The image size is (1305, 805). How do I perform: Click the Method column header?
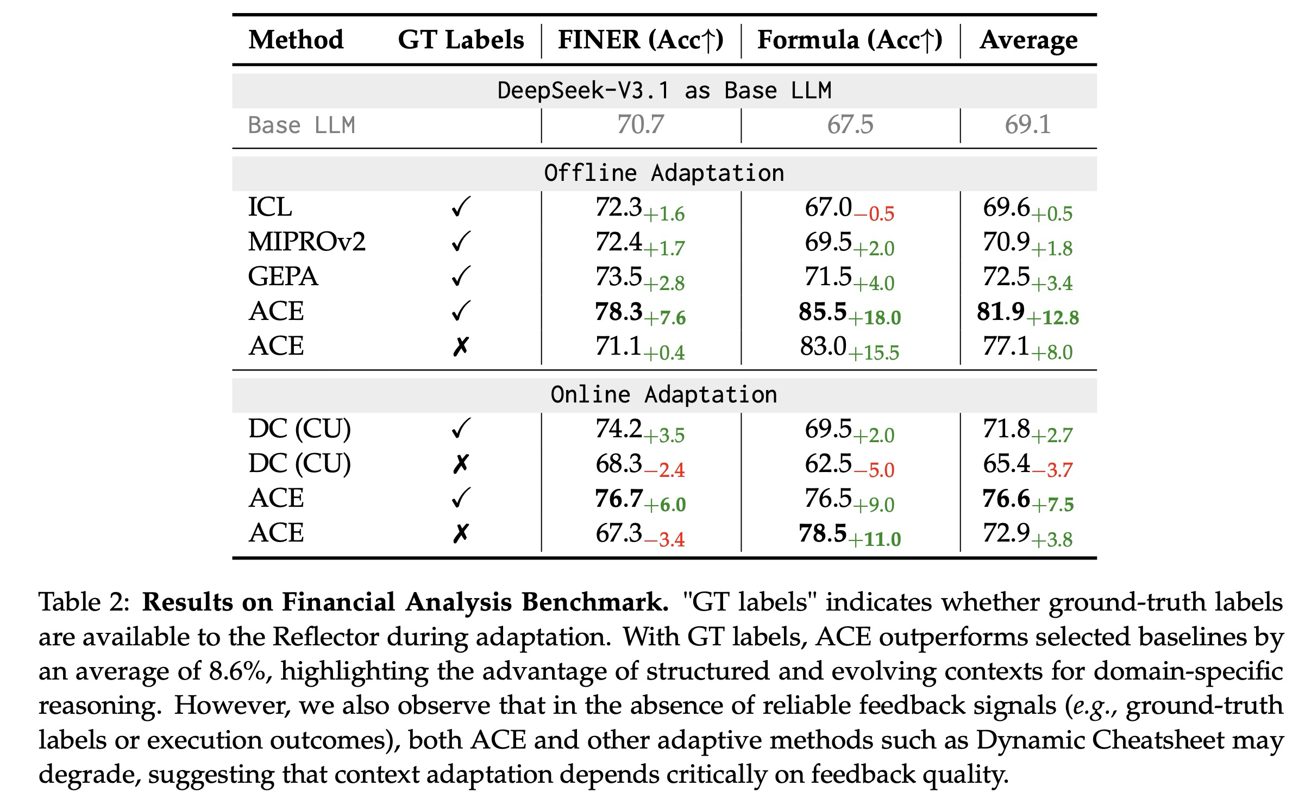pos(296,40)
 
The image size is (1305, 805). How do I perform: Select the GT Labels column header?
pos(461,40)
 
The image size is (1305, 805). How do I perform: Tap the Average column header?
pos(1028,40)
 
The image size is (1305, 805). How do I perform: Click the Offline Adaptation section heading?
pos(664,173)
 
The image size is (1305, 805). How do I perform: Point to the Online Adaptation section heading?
pos(664,395)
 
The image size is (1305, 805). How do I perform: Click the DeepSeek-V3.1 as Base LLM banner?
pos(664,90)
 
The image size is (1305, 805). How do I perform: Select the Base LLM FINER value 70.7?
pos(640,125)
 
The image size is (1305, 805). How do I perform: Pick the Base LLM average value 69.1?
pos(1027,125)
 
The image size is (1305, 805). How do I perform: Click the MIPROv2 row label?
pos(307,242)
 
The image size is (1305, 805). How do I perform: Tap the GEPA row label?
pos(283,276)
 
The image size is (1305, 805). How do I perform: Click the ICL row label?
pos(270,207)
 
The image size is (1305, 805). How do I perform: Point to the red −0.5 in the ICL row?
pos(874,214)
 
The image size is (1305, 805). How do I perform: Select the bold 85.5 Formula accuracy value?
pos(823,312)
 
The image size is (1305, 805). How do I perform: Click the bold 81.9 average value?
pos(1000,312)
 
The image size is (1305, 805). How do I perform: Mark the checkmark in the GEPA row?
pos(460,276)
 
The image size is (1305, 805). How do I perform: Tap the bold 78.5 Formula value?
pos(823,533)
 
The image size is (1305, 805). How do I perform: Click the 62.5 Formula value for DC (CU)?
pos(828,464)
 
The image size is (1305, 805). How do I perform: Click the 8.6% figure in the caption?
pos(240,671)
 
